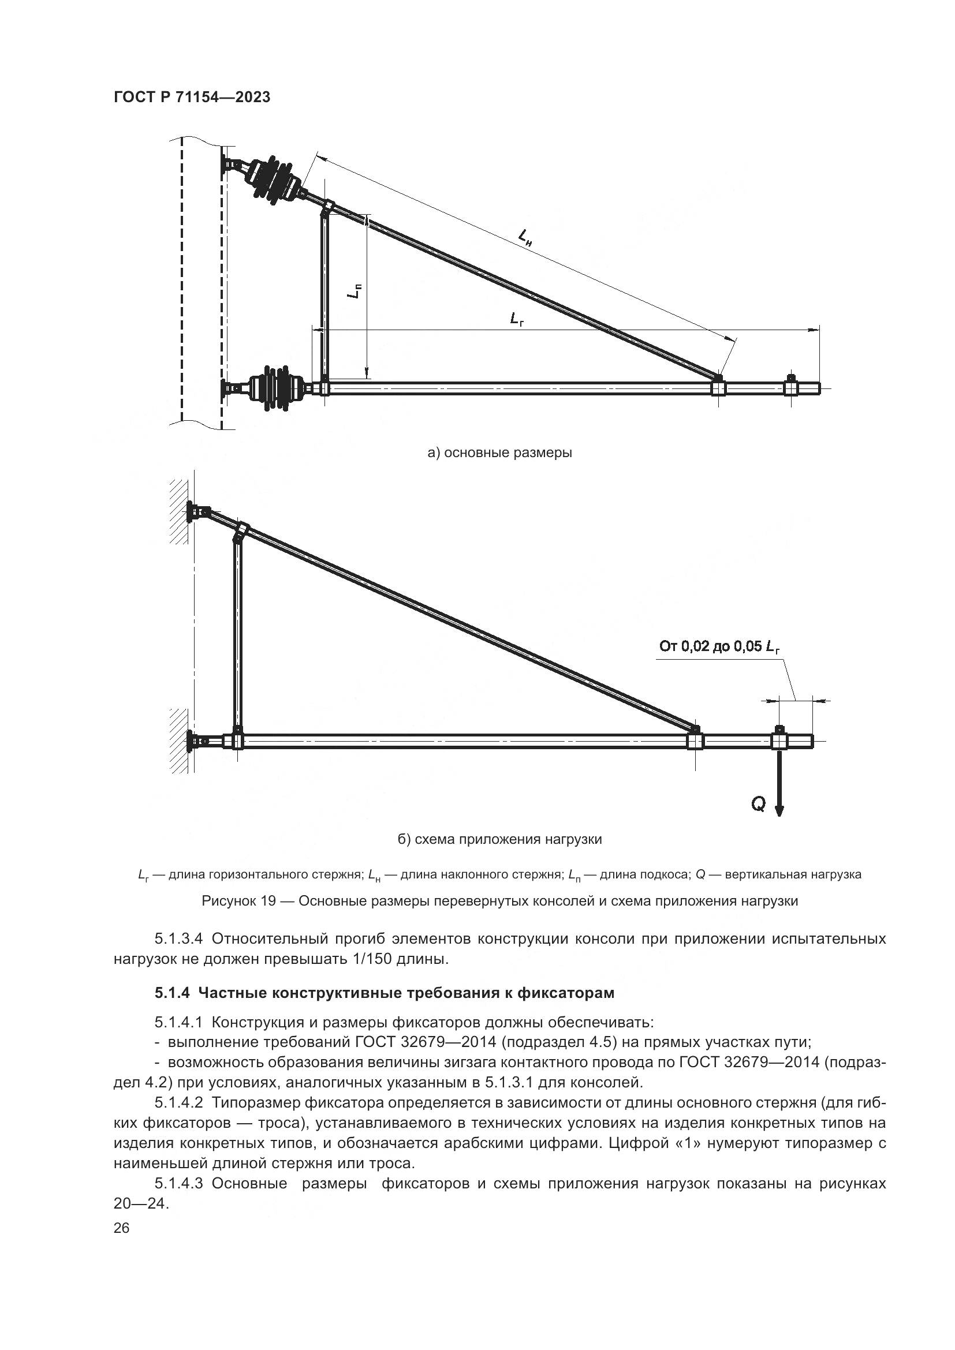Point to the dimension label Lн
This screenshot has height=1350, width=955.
525,237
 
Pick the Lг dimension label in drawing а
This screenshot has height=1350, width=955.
517,319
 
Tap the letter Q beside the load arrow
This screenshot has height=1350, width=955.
759,804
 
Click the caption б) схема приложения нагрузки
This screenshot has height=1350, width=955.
500,839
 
